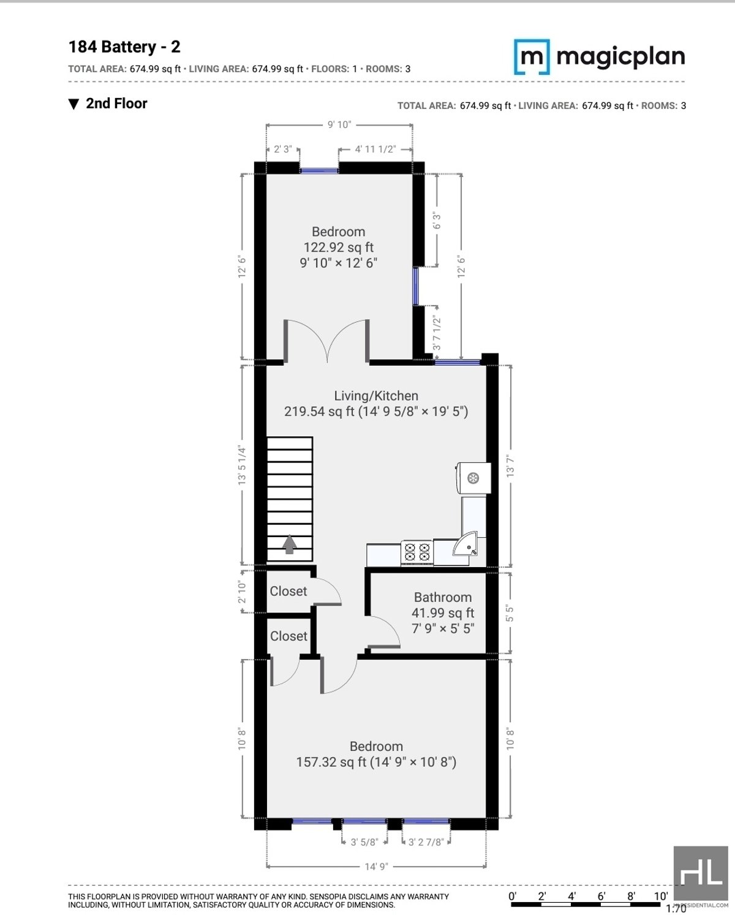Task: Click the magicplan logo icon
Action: [x=531, y=57]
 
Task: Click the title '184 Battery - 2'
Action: [x=124, y=47]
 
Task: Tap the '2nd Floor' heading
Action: [x=116, y=104]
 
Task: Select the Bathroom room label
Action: [x=442, y=597]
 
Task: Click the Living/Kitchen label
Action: [x=375, y=396]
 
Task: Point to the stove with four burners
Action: [x=417, y=552]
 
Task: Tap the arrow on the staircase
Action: [x=290, y=544]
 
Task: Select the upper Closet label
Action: [x=288, y=591]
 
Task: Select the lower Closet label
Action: [x=288, y=636]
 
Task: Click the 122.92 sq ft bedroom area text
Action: [x=338, y=247]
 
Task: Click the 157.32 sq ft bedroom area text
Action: [x=375, y=762]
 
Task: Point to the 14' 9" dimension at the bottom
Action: [x=376, y=867]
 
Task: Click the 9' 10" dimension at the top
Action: [x=339, y=125]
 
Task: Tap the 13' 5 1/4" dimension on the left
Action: [x=242, y=465]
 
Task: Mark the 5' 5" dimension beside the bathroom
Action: [x=510, y=613]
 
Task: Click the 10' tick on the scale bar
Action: [x=660, y=896]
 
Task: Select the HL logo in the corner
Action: [x=700, y=873]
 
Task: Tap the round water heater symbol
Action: [x=473, y=478]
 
